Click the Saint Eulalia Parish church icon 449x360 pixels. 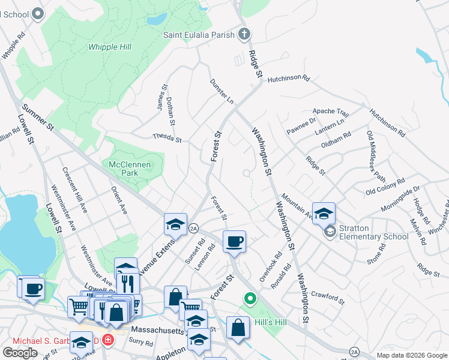[244, 34]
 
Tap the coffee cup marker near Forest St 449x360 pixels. [234, 242]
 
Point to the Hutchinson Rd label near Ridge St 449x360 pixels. [288, 78]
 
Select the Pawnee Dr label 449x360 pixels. [301, 127]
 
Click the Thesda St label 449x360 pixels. [167, 139]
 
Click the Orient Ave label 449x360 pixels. [119, 200]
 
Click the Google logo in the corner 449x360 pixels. [20, 352]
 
